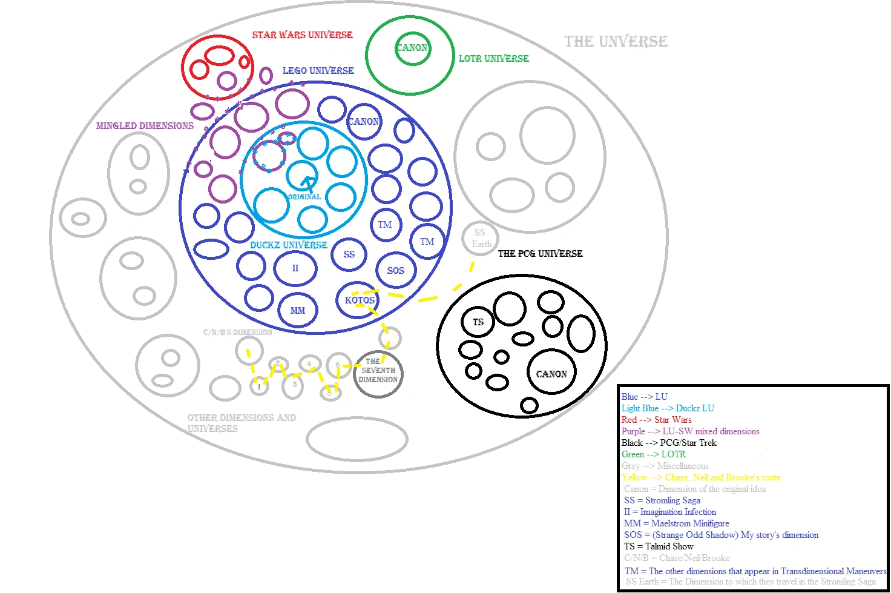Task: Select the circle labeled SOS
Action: [x=396, y=270]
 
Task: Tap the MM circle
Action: [x=298, y=310]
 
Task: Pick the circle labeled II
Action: [x=295, y=268]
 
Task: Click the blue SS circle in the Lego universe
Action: [x=349, y=254]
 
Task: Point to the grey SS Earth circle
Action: [x=481, y=238]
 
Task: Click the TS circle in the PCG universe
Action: [x=478, y=322]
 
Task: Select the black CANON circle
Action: [x=551, y=374]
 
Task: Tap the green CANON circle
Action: [x=412, y=48]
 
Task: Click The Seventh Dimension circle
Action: [x=378, y=371]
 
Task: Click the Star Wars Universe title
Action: [x=302, y=35]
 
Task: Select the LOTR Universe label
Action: [x=493, y=58]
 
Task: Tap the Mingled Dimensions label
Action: [x=145, y=125]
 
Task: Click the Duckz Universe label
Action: [x=288, y=245]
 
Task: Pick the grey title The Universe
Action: [x=616, y=41]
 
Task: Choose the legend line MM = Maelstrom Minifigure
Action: [x=676, y=523]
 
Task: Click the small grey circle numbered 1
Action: [x=259, y=386]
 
